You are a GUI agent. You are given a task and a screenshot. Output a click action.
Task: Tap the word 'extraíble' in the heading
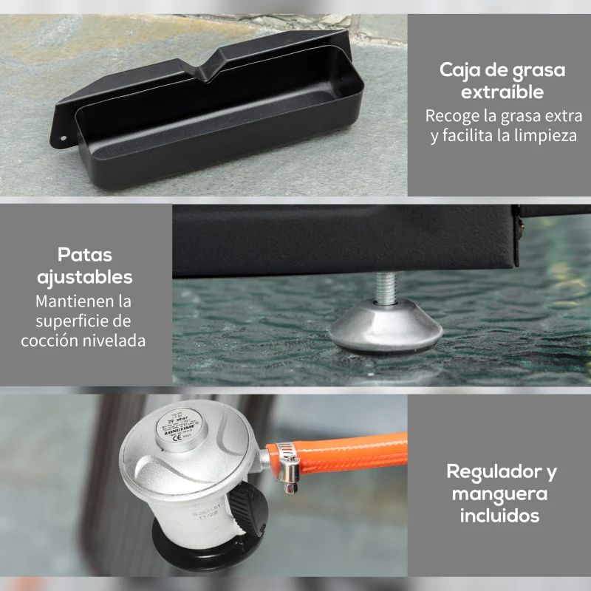click(502, 93)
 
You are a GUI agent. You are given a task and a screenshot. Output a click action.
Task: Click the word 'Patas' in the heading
click(85, 255)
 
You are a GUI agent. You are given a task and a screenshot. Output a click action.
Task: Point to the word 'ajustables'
click(85, 278)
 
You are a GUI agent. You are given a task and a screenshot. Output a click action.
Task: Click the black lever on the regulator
click(249, 510)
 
